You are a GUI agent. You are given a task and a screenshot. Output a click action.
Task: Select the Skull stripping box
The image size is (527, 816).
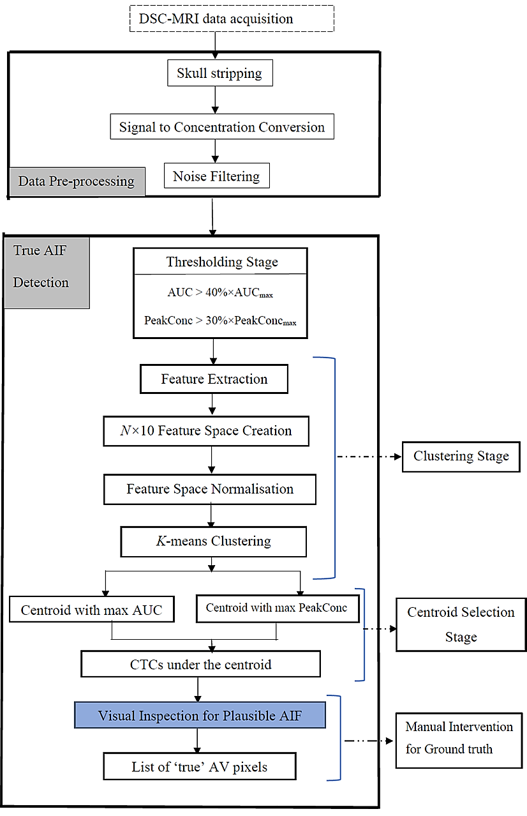(219, 73)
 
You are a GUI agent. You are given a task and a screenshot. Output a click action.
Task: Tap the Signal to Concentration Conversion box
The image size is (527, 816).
(221, 127)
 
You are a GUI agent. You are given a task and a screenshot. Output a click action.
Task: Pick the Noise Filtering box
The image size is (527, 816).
(216, 176)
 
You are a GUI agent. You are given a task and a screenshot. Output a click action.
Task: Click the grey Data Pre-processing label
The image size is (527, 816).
(77, 181)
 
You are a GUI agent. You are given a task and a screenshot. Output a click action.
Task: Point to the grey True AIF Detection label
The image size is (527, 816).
(46, 266)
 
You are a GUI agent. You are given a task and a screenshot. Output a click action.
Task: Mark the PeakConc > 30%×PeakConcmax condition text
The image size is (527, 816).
(221, 321)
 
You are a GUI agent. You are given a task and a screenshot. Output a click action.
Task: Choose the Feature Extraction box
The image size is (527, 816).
(214, 379)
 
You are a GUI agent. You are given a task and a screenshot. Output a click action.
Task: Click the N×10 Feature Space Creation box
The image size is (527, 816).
(206, 431)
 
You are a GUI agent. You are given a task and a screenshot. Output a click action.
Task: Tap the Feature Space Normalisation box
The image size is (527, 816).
(210, 489)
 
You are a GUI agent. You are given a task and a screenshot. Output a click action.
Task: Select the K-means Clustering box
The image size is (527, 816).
(213, 541)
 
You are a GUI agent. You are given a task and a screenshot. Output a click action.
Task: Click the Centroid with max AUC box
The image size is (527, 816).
(91, 610)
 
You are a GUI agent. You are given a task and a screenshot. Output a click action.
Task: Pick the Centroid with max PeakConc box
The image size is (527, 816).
(277, 608)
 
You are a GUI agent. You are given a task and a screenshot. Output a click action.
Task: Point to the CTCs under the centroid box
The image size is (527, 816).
(200, 665)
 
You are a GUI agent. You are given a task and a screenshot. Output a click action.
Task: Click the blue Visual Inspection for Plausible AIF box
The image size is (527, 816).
(200, 716)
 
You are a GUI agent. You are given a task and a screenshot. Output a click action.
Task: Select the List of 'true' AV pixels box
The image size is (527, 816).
(200, 767)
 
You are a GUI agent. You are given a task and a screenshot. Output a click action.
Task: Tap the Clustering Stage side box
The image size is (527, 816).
(461, 457)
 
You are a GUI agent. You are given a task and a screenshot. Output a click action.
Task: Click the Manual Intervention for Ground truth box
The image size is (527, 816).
(459, 737)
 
